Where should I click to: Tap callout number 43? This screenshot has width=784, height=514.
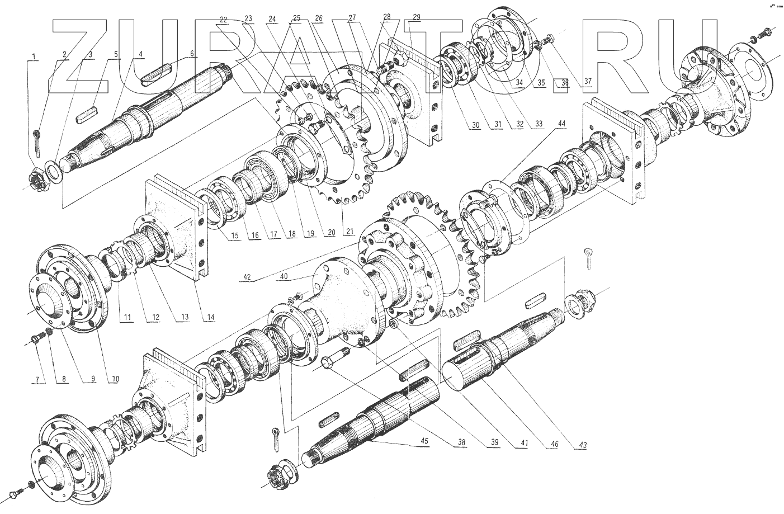(x=583, y=445)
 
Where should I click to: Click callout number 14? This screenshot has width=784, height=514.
(x=210, y=318)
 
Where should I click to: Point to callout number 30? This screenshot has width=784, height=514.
(x=475, y=125)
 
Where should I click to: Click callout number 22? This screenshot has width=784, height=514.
(x=224, y=19)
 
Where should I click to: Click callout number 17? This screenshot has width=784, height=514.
(x=273, y=235)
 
